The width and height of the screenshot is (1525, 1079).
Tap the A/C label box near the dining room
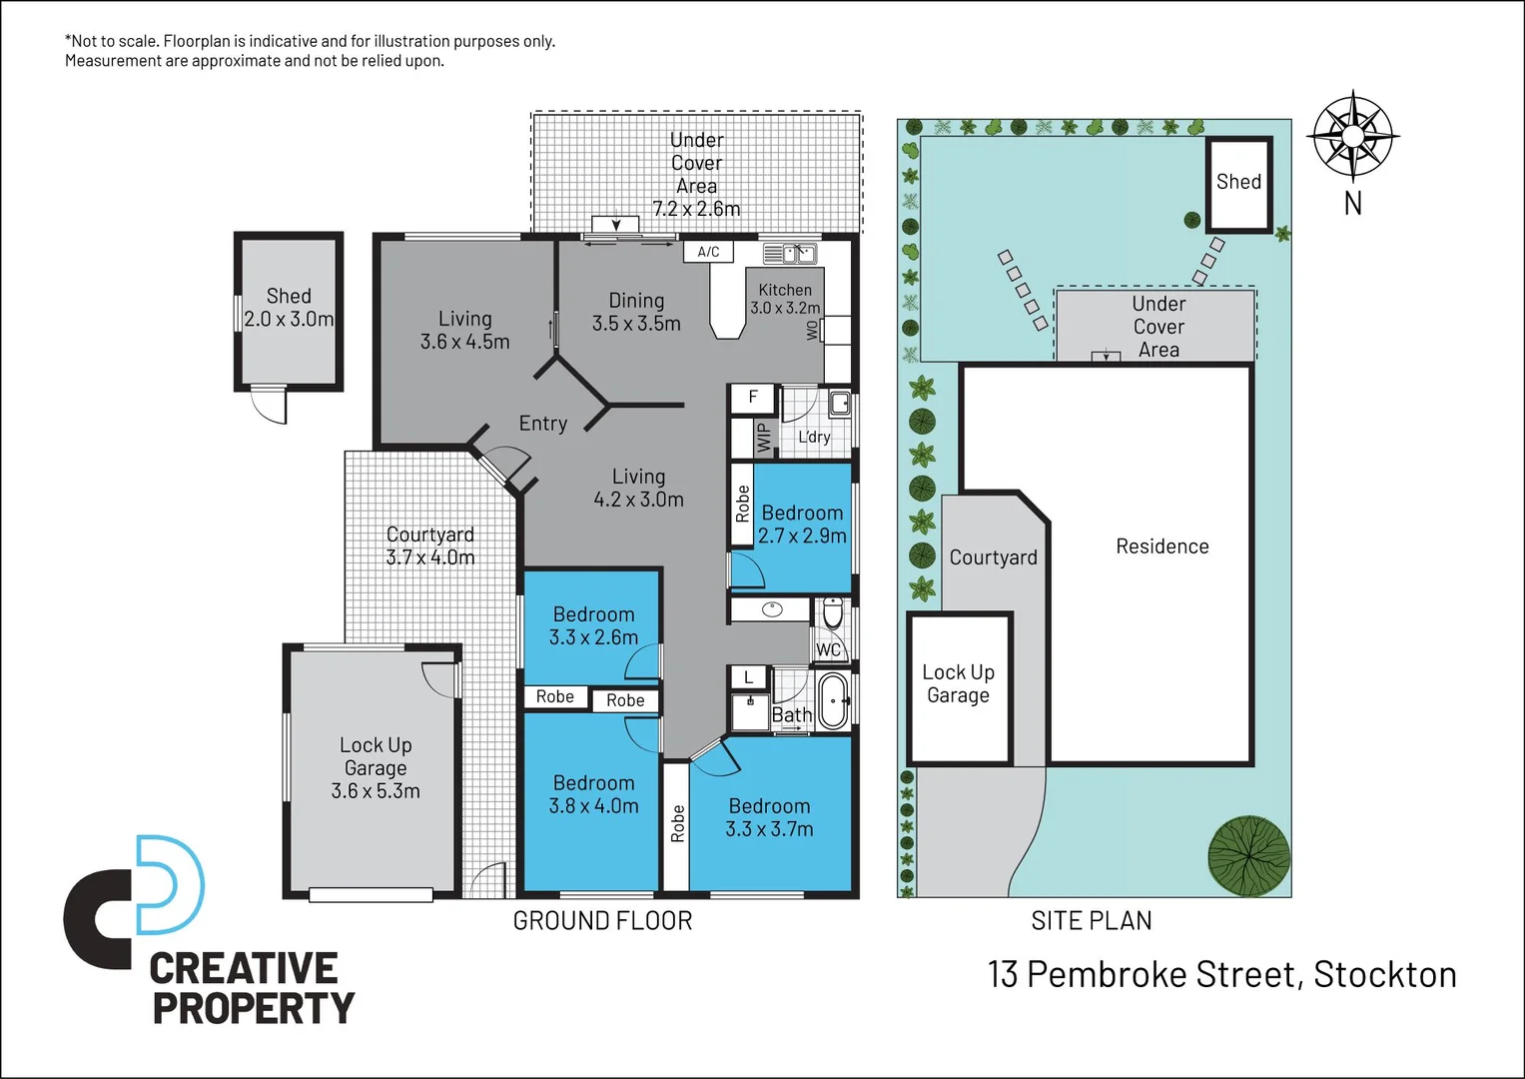(708, 252)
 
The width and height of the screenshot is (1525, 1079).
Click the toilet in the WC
(833, 613)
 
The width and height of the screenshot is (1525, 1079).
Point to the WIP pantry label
(764, 438)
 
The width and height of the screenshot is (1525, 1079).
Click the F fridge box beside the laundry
(753, 398)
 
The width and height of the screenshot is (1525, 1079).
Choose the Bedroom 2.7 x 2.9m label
(802, 525)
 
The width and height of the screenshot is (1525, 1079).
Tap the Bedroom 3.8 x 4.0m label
(593, 794)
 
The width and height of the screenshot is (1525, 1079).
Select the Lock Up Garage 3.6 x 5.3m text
(376, 767)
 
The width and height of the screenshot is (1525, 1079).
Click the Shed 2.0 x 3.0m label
(289, 308)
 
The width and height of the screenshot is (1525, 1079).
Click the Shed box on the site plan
(1238, 183)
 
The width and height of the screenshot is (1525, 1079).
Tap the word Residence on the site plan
(1161, 546)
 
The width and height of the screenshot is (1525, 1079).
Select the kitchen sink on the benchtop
(789, 254)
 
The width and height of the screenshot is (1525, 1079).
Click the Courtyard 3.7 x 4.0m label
(430, 545)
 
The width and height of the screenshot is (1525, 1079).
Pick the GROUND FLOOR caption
(602, 921)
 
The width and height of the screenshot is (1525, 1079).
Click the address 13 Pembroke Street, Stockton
(1221, 974)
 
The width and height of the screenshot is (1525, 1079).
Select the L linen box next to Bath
(748, 677)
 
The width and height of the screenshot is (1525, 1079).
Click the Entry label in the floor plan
(542, 424)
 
